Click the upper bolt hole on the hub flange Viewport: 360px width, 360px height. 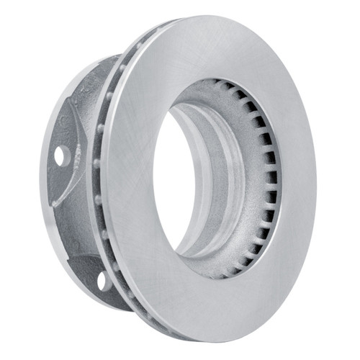coord(59,154)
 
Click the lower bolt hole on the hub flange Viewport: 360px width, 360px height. coord(102,279)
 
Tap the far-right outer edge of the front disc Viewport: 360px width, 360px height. coord(315,180)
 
